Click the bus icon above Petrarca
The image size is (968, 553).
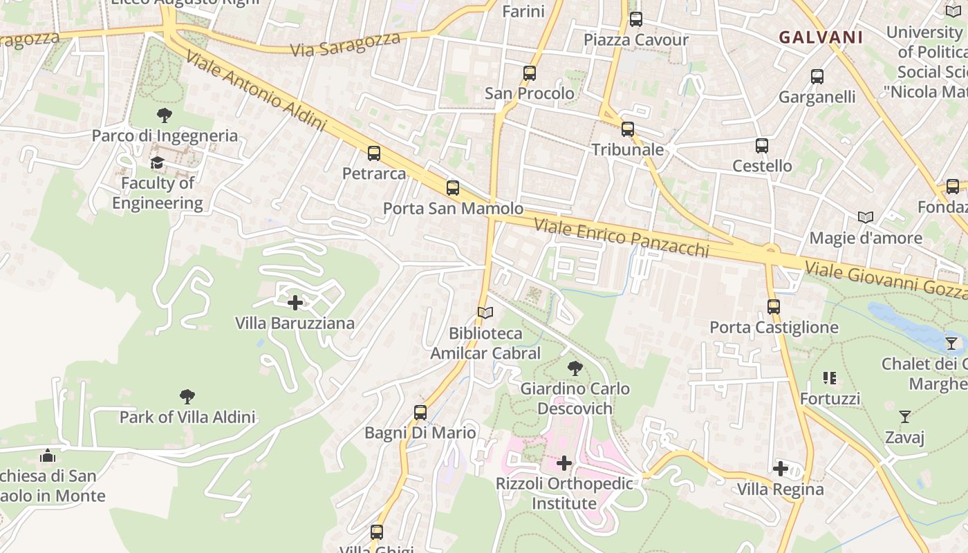pyautogui.click(x=374, y=153)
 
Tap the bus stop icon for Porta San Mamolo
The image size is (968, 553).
pyautogui.click(x=453, y=187)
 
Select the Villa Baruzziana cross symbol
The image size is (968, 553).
pyautogui.click(x=295, y=303)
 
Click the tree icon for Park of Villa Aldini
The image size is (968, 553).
pyautogui.click(x=187, y=397)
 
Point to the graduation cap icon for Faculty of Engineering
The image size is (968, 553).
pyautogui.click(x=158, y=163)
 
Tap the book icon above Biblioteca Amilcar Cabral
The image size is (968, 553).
pyautogui.click(x=485, y=313)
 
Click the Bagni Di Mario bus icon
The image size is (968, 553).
pyautogui.click(x=420, y=413)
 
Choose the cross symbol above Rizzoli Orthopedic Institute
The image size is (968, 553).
pyautogui.click(x=564, y=463)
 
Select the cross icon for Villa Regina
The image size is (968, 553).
pyautogui.click(x=781, y=469)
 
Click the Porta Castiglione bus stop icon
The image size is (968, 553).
pyautogui.click(x=773, y=306)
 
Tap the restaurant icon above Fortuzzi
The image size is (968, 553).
pyautogui.click(x=830, y=378)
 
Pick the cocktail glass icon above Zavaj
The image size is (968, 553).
pyautogui.click(x=904, y=416)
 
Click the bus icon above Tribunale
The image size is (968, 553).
pyautogui.click(x=627, y=129)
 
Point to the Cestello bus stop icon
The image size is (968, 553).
pyautogui.click(x=762, y=146)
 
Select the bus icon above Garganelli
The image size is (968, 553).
pyautogui.click(x=817, y=77)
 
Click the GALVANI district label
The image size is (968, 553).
pyautogui.click(x=821, y=37)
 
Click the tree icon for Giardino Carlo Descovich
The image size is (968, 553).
pyautogui.click(x=574, y=368)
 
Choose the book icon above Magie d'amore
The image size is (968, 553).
pyautogui.click(x=866, y=217)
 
